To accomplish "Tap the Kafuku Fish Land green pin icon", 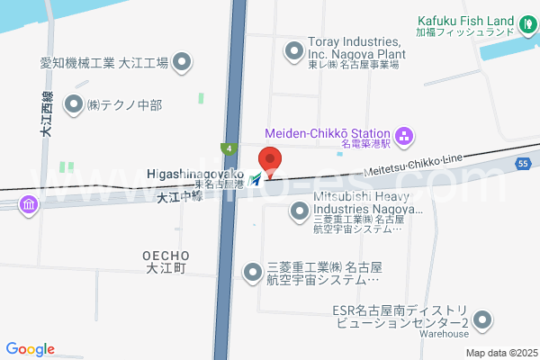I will coord(528,22).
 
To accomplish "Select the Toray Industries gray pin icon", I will coord(293,52).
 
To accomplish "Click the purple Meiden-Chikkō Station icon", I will coord(404,136).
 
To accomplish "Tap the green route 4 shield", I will coord(230,148).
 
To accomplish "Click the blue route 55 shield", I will coord(523,163).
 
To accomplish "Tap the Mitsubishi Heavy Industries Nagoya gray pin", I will coord(300,211).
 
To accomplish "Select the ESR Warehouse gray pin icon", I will coord(483,319).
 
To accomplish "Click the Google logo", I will coord(31,349).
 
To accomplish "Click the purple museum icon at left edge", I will coord(30,207).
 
